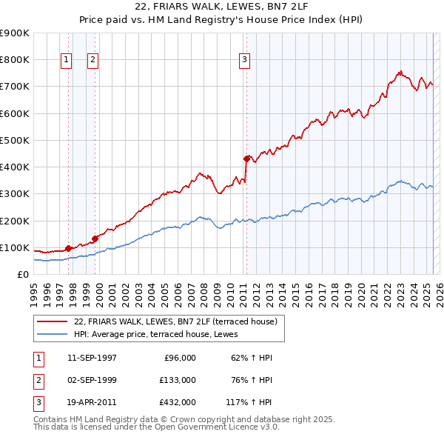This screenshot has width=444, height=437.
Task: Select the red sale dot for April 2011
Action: click(246, 158)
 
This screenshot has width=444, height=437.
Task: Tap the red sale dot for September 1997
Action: click(69, 248)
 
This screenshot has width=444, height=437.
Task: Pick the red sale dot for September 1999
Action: click(95, 238)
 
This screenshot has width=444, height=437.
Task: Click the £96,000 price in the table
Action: click(180, 358)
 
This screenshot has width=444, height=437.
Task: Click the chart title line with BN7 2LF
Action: click(222, 8)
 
